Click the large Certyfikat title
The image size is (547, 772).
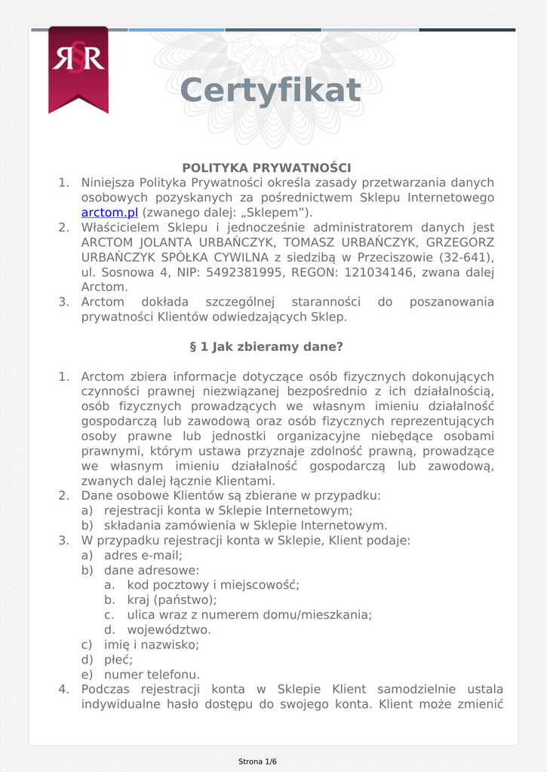270,90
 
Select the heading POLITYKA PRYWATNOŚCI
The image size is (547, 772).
266,167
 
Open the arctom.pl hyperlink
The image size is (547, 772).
109,213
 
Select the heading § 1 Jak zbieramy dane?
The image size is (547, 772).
266,347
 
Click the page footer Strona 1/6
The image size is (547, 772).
257,761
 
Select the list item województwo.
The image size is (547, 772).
169,630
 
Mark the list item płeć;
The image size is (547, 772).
118,660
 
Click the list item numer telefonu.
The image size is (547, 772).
152,675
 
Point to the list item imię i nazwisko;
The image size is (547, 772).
151,645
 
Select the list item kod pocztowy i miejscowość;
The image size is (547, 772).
213,585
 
